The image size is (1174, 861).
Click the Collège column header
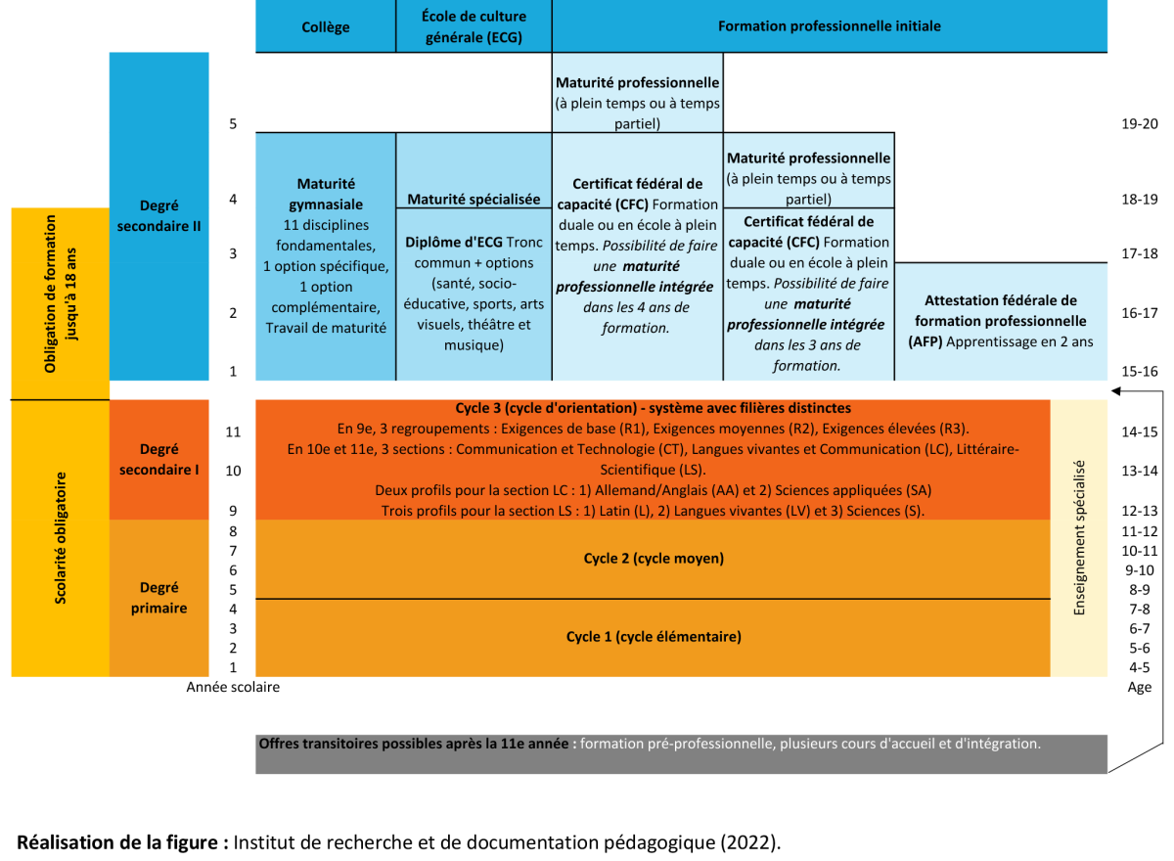(x=325, y=27)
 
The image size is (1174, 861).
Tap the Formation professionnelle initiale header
(x=829, y=26)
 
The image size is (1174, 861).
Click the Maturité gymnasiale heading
(x=326, y=194)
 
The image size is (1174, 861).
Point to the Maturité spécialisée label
(x=474, y=199)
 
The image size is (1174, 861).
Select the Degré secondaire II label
(x=158, y=215)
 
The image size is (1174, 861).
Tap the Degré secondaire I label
(x=158, y=459)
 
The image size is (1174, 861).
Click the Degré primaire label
(x=158, y=598)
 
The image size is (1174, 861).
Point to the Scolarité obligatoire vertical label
(x=60, y=538)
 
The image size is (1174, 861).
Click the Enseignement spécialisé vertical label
(x=1079, y=538)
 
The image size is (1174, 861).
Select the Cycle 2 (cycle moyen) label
(x=654, y=559)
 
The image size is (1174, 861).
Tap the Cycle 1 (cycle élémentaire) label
(x=654, y=637)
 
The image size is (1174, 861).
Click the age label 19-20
(x=1140, y=124)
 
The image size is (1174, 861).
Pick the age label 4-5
(x=1140, y=667)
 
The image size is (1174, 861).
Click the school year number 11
(x=233, y=431)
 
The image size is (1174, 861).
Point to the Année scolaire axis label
(x=233, y=687)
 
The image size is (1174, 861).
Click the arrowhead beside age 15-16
(x=1113, y=390)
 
